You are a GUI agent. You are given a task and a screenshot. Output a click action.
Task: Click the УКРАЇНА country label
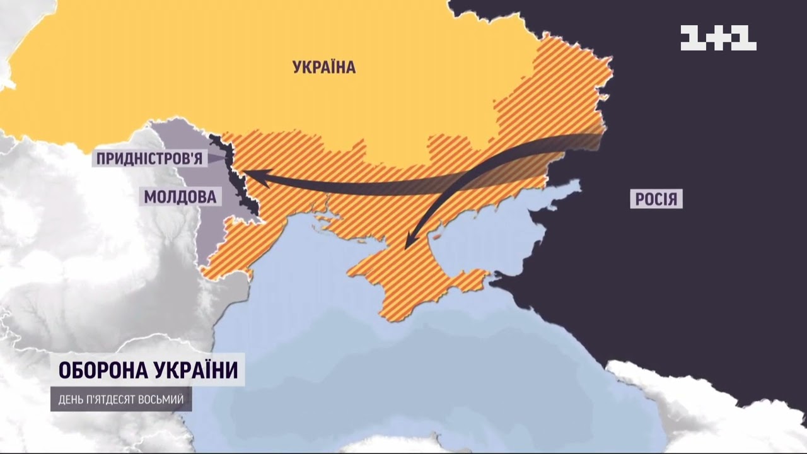pyautogui.click(x=324, y=67)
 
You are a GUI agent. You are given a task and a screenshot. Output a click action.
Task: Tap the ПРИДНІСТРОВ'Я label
pyautogui.click(x=149, y=158)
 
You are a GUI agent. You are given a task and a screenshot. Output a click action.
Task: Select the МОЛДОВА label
pyautogui.click(x=180, y=197)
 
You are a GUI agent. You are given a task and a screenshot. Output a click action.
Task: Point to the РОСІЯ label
pyautogui.click(x=656, y=200)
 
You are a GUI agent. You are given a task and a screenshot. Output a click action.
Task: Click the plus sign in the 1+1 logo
pyautogui.click(x=718, y=38)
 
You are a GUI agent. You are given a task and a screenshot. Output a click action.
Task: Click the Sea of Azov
pyautogui.click(x=504, y=227)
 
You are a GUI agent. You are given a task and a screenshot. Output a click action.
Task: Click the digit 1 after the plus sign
pyautogui.click(x=745, y=38)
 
